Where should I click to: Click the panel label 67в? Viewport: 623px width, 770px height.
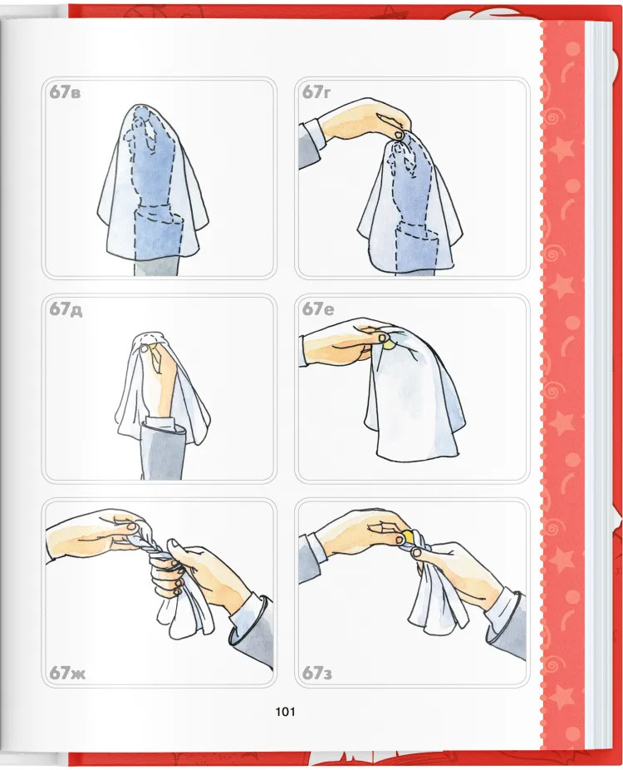(65, 92)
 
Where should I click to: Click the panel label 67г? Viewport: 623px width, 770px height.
(316, 91)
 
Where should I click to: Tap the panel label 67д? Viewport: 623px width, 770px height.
(66, 309)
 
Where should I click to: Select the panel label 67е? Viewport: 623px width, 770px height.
(318, 308)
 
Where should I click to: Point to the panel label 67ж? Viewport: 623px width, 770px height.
(67, 672)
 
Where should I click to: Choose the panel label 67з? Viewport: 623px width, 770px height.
(316, 672)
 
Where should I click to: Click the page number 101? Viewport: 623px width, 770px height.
(285, 711)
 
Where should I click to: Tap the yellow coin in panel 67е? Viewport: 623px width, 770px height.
(389, 344)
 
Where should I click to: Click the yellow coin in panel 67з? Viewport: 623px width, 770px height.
(408, 536)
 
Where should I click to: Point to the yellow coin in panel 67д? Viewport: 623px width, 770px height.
(153, 347)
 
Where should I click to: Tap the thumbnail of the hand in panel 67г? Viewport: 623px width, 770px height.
(399, 134)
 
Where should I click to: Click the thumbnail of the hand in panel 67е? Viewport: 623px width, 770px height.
(381, 338)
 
